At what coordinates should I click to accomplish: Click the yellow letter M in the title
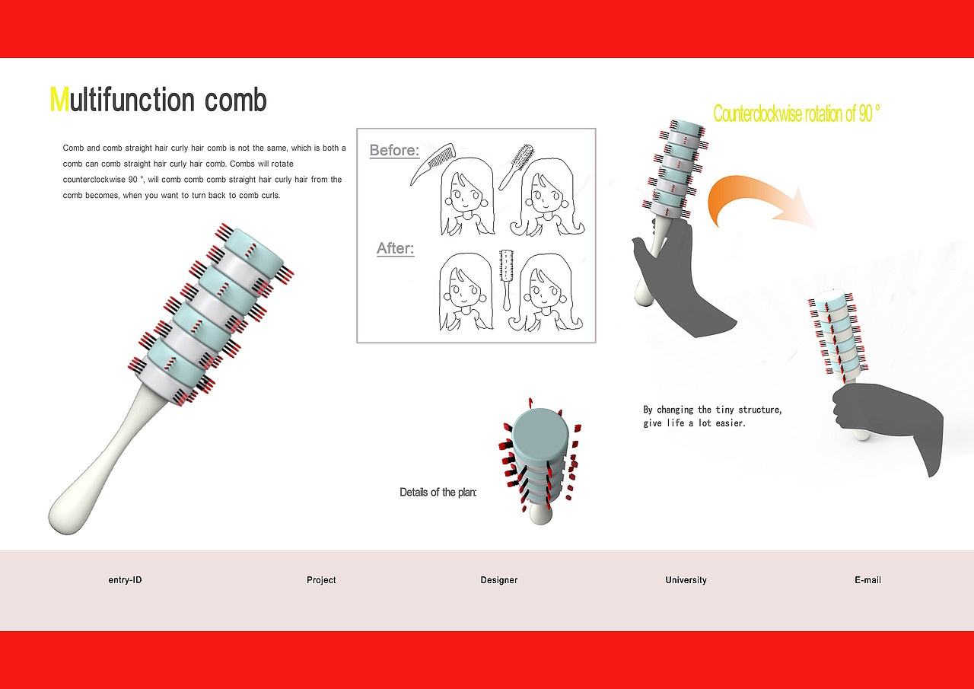click(x=59, y=99)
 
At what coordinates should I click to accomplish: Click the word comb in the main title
click(x=235, y=99)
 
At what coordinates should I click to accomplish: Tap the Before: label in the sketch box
click(x=394, y=151)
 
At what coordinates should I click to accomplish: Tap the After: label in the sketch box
click(x=395, y=248)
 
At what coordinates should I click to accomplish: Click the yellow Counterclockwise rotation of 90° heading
click(x=797, y=113)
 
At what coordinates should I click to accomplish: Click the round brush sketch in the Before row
click(x=517, y=167)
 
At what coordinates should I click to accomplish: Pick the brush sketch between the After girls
click(x=506, y=279)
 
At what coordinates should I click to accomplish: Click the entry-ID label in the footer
click(x=125, y=580)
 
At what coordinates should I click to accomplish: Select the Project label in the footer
click(x=321, y=580)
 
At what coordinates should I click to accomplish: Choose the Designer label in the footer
click(x=498, y=580)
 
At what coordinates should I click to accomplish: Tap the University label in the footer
click(x=686, y=580)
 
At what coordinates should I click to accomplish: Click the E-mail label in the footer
click(x=867, y=580)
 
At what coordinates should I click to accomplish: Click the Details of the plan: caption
click(x=438, y=492)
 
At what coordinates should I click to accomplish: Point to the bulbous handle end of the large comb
click(x=69, y=513)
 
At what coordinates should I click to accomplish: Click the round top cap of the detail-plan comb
click(x=540, y=433)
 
